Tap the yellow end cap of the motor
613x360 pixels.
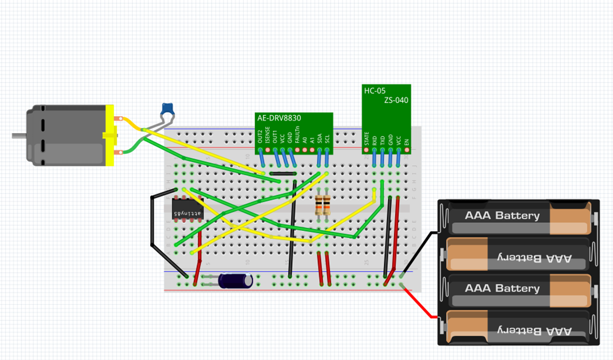[x=109, y=135]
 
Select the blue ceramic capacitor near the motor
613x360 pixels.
[x=168, y=110]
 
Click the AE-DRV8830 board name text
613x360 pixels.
[x=279, y=119]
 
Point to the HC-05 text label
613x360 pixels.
[x=375, y=90]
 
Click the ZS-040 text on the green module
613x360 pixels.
[x=396, y=100]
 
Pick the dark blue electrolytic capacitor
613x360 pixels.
[x=235, y=280]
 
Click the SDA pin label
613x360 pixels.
[x=320, y=138]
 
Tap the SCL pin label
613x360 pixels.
[x=327, y=138]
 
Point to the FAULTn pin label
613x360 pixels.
[x=298, y=136]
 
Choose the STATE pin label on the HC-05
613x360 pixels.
[x=366, y=139]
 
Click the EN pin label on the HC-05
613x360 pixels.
[x=406, y=142]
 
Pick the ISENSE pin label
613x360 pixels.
[x=268, y=135]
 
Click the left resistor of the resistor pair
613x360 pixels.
[x=318, y=205]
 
